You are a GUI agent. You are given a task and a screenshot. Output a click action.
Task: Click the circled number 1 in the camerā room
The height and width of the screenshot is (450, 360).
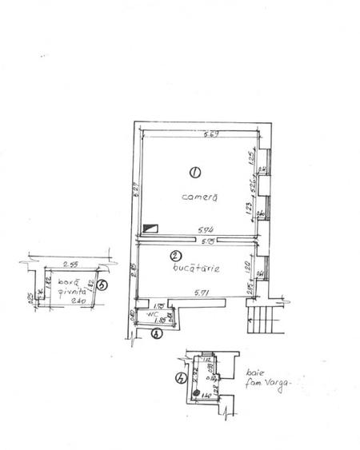(x=193, y=171)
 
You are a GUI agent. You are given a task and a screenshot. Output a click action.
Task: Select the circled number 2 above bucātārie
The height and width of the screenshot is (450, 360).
(x=174, y=256)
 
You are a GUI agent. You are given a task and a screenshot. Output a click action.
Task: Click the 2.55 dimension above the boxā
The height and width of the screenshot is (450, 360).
(x=68, y=262)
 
